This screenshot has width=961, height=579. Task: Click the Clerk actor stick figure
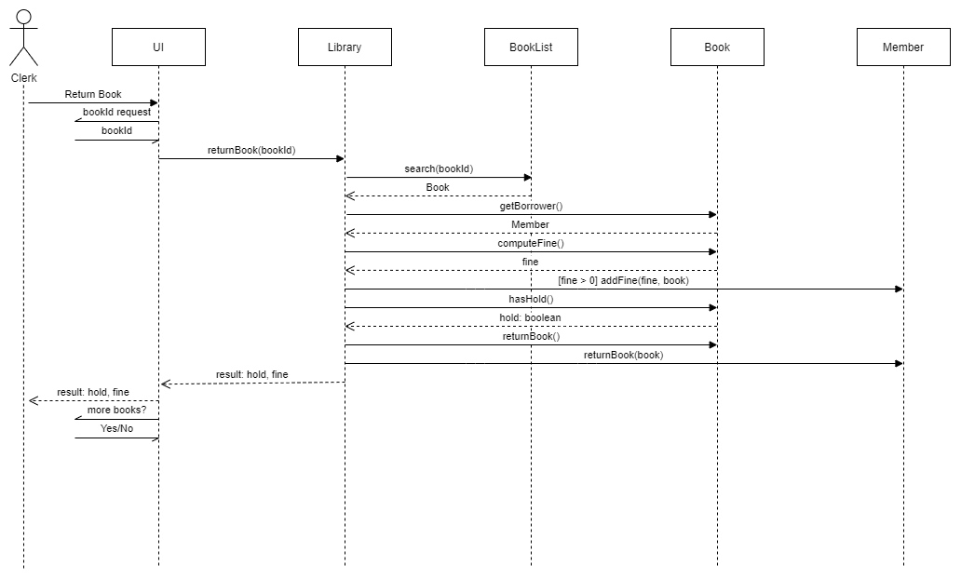coord(23,37)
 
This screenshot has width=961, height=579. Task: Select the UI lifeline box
coord(158,47)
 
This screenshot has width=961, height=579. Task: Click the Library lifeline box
coord(345,47)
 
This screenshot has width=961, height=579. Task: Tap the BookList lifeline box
coord(531,47)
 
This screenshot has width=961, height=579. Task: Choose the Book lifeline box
coord(717,47)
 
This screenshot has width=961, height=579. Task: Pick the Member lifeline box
coord(903,47)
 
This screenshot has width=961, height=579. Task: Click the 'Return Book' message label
coord(93,94)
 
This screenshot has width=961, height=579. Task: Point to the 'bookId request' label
coord(116,113)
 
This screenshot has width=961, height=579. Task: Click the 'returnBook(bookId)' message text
coord(251,150)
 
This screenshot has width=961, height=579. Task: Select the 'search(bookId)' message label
coord(439,168)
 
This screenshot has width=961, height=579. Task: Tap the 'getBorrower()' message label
coord(531,206)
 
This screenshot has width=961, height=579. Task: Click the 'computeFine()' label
coord(531,243)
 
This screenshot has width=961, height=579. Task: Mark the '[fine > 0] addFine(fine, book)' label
coord(623,280)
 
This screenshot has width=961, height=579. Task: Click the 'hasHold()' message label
coord(531,299)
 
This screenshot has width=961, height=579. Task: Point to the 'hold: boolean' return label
coord(531,317)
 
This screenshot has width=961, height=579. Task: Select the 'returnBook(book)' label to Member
coord(623,355)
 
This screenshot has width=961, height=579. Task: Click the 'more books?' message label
coord(116,410)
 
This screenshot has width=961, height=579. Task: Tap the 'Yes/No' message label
coord(116,428)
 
